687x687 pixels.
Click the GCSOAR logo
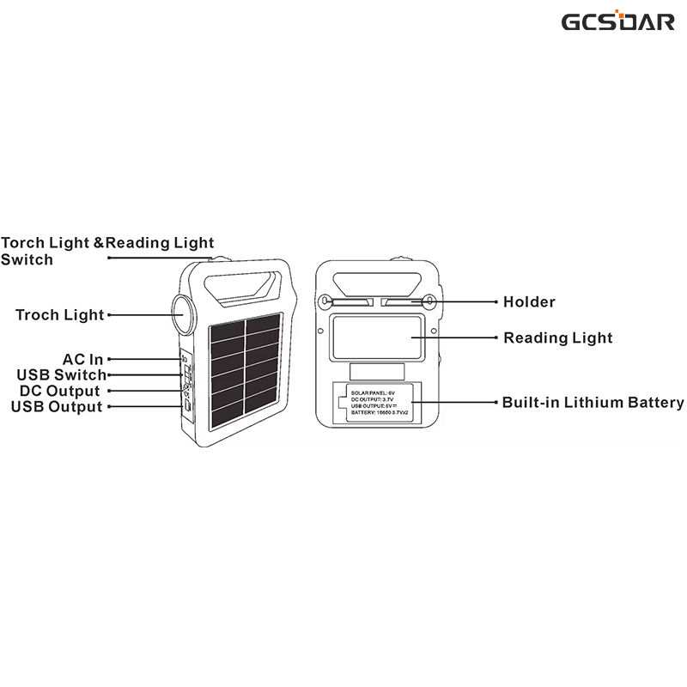(x=618, y=21)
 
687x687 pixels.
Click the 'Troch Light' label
(x=59, y=315)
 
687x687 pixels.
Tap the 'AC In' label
(x=82, y=359)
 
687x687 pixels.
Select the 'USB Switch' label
(x=61, y=374)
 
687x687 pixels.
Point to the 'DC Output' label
(x=61, y=391)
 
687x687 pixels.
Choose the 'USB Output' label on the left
(x=57, y=406)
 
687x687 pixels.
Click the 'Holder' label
(x=529, y=302)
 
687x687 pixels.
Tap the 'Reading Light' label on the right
(x=558, y=337)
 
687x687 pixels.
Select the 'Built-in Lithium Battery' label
(x=593, y=402)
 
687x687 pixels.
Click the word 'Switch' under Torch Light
(x=27, y=259)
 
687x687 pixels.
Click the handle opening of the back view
(x=378, y=283)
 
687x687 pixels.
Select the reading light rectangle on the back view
(x=377, y=337)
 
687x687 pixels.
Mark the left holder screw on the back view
(x=326, y=301)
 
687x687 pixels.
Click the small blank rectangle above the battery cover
(x=378, y=371)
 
